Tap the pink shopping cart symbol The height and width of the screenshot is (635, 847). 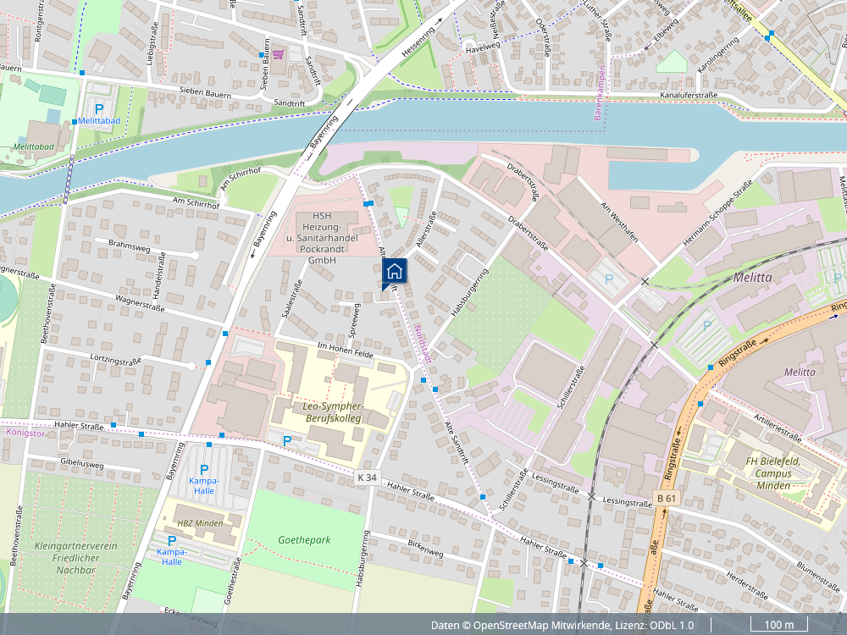point(278,54)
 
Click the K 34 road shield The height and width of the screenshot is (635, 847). point(367,478)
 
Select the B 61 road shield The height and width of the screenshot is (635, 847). point(667,498)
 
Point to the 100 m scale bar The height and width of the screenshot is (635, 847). point(778,625)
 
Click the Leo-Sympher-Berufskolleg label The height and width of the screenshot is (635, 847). point(332,412)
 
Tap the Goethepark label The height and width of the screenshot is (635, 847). point(304,539)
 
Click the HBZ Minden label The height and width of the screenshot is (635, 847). point(200,522)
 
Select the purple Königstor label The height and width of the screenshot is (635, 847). point(25,433)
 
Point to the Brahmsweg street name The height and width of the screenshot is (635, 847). point(129,246)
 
